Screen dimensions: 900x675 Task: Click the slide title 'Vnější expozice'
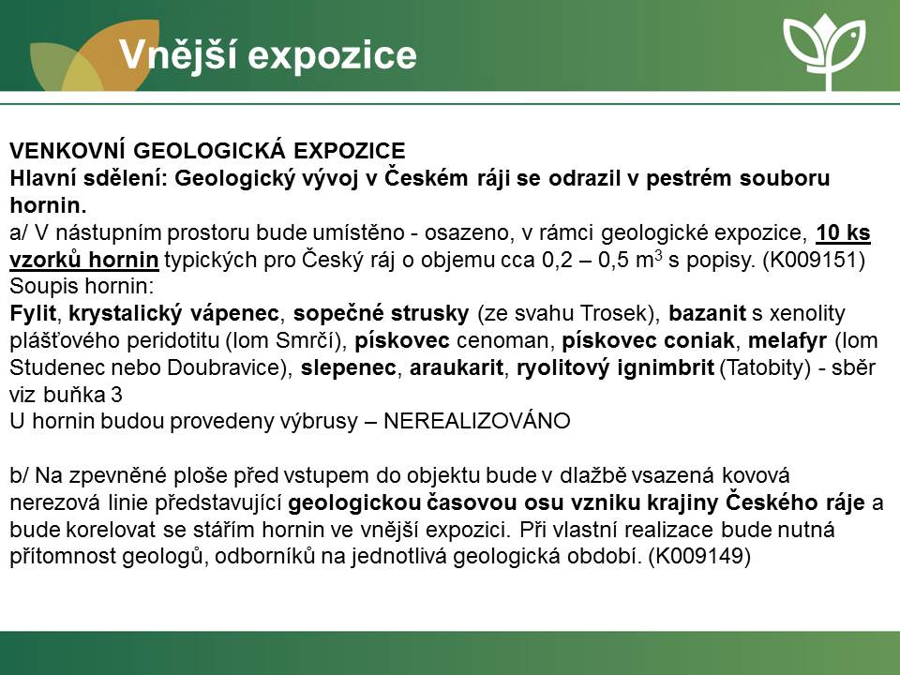tap(267, 55)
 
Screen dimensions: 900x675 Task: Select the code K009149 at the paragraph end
tap(699, 556)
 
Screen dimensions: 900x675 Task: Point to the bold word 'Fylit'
tap(33, 313)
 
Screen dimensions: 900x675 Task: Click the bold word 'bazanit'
tap(707, 313)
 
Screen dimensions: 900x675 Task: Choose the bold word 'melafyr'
tap(787, 340)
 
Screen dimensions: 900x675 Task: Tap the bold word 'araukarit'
tap(457, 367)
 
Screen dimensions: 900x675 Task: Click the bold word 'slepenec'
tap(349, 367)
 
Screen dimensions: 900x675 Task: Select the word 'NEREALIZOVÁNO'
tap(477, 421)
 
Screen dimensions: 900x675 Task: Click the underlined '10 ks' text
tap(843, 232)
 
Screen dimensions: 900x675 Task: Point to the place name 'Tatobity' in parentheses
tap(765, 367)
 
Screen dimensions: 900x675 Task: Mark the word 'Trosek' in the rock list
tap(613, 313)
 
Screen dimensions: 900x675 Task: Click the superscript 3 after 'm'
tap(658, 255)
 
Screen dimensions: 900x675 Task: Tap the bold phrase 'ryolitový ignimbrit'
tap(615, 367)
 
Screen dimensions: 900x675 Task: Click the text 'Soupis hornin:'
tap(82, 287)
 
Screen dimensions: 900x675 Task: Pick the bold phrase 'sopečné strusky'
tap(382, 313)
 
